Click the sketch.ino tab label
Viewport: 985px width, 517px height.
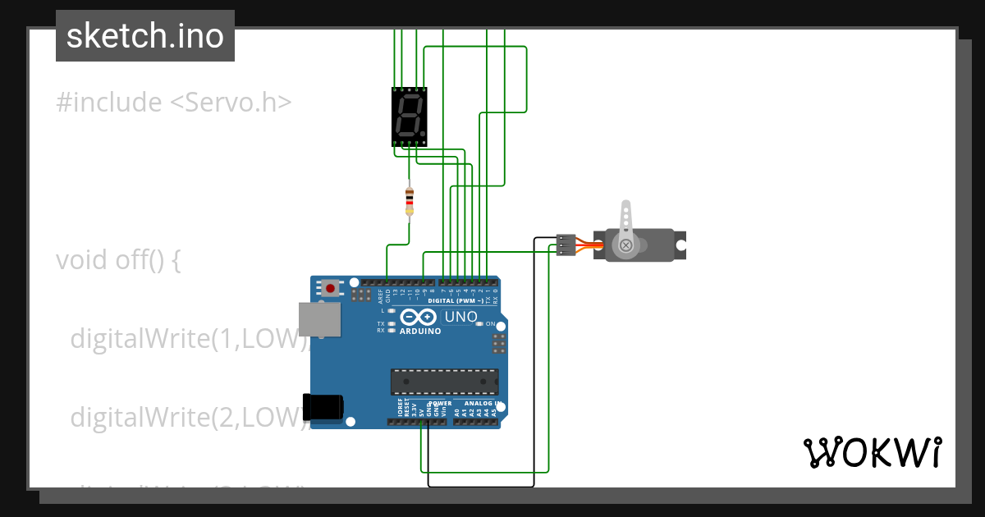[x=144, y=36]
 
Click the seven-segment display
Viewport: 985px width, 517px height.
[x=409, y=116]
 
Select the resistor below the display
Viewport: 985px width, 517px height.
[x=410, y=201]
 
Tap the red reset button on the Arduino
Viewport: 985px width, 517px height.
[x=331, y=287]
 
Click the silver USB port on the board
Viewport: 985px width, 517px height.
[x=319, y=319]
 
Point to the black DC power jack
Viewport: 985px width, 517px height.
[x=323, y=407]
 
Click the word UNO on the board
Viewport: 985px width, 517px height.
[x=460, y=317]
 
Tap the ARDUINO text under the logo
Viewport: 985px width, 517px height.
[x=420, y=332]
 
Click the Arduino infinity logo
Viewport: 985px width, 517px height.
[x=420, y=317]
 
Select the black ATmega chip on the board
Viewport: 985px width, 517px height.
[x=444, y=382]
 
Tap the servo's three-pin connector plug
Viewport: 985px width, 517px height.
[x=566, y=245]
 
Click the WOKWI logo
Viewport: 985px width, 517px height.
[x=872, y=452]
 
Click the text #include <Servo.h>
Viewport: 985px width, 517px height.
[x=173, y=103]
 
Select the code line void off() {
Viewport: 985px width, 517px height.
[x=117, y=260]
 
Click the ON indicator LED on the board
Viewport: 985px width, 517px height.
[x=479, y=323]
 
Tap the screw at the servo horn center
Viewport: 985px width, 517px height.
[x=626, y=245]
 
